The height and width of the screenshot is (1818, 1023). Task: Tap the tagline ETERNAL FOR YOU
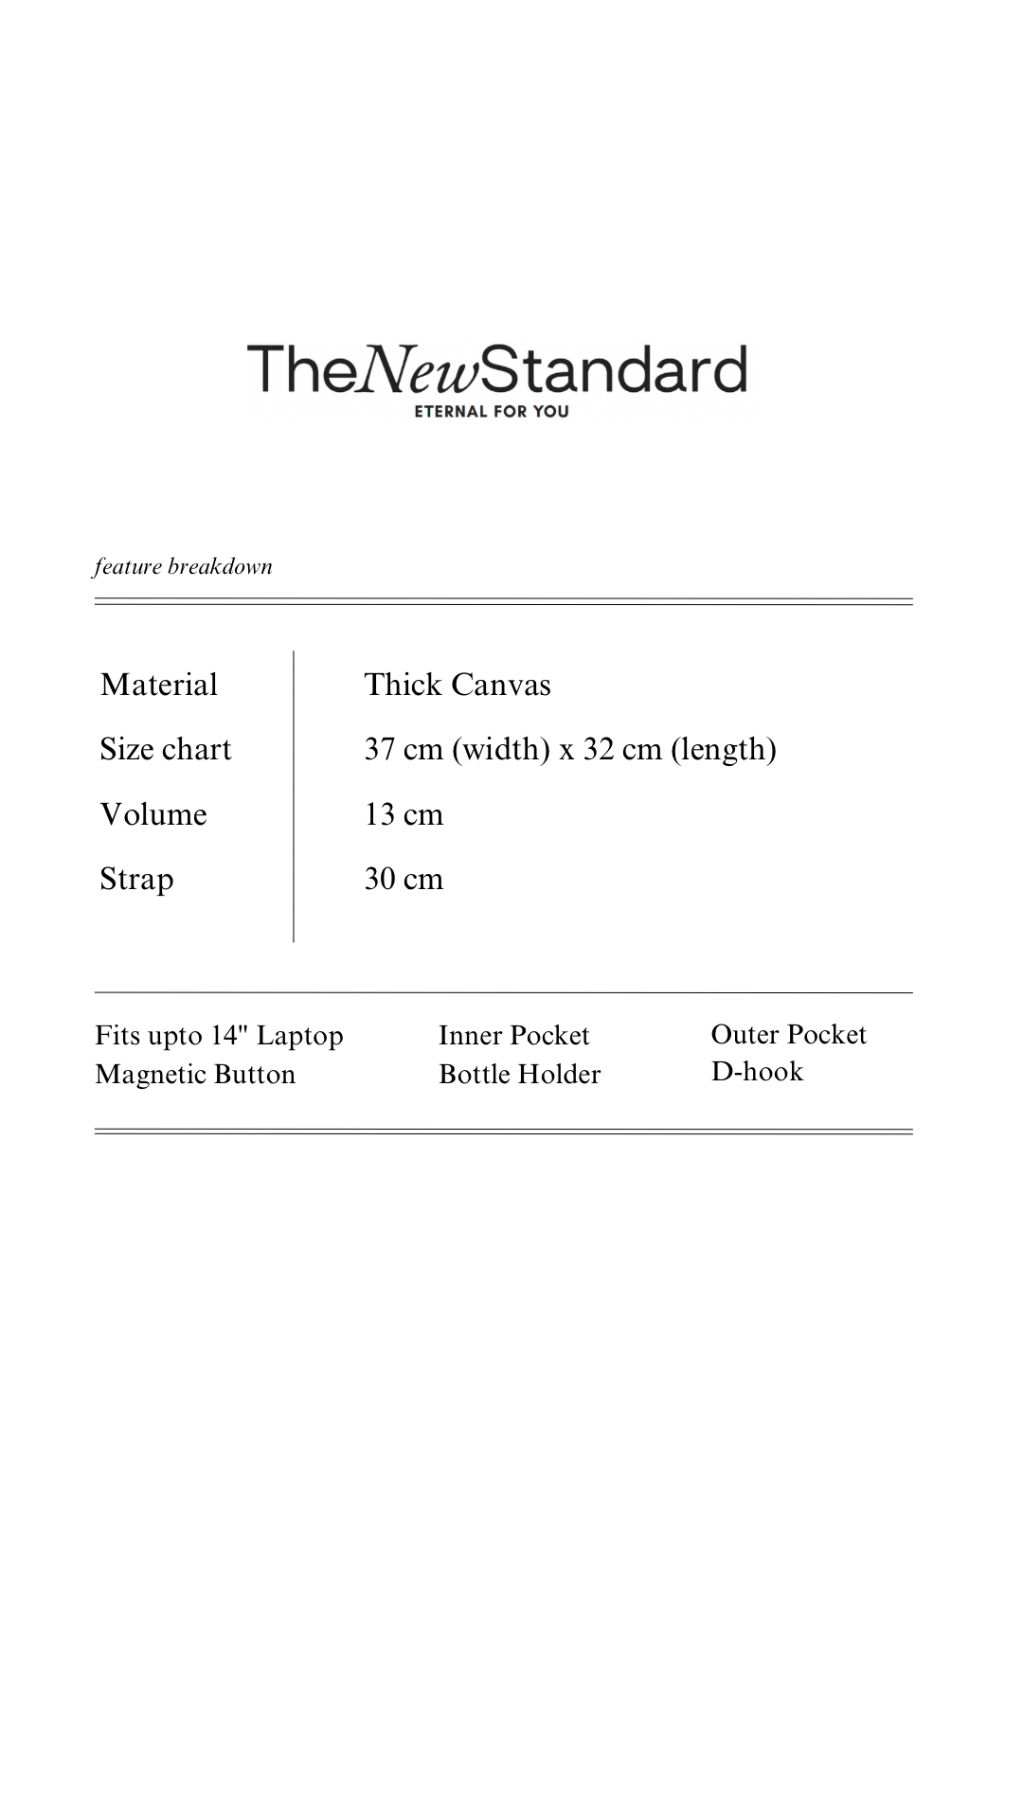tap(492, 412)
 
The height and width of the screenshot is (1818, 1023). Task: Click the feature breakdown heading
tap(183, 567)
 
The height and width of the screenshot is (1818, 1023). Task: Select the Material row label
tap(159, 685)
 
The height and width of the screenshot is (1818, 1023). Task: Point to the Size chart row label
tap(166, 749)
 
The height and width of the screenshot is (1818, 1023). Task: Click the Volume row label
tap(153, 814)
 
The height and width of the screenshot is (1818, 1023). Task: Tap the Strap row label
tap(136, 879)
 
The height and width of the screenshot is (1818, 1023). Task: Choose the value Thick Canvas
tap(458, 685)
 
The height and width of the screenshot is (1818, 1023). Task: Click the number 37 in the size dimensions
tap(380, 749)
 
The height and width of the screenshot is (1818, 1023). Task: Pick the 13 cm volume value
tap(404, 814)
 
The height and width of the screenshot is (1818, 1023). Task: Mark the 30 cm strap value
tap(404, 879)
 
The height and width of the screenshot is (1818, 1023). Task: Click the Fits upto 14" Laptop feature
tap(219, 1035)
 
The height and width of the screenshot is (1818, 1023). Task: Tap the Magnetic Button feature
tap(195, 1075)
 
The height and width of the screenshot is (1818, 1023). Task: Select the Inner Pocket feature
tap(513, 1035)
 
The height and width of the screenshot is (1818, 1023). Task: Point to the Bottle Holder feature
tap(519, 1075)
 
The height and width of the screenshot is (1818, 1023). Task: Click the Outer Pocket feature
tap(788, 1034)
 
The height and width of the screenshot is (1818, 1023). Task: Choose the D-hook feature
tap(757, 1072)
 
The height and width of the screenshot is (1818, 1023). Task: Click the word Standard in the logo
tap(615, 369)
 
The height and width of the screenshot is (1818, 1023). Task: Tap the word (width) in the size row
tap(501, 749)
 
